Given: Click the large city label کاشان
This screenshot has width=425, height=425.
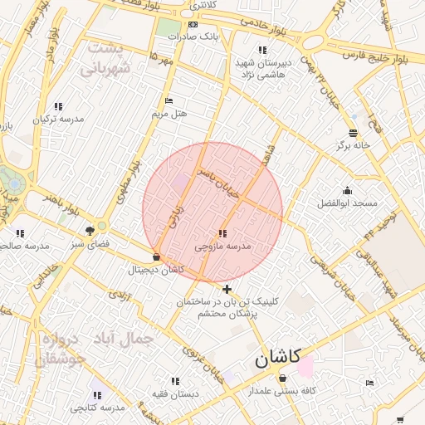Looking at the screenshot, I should pyautogui.click(x=274, y=360).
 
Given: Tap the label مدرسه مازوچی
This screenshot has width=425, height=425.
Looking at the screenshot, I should pyautogui.click(x=222, y=247).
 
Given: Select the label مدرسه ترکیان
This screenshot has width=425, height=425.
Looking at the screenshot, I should pyautogui.click(x=58, y=120).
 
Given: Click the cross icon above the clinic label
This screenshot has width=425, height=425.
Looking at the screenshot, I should pyautogui.click(x=227, y=289).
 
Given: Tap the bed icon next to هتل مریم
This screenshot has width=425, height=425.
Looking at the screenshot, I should pyautogui.click(x=169, y=101).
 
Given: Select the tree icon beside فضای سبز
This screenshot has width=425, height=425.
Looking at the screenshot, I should pyautogui.click(x=90, y=232).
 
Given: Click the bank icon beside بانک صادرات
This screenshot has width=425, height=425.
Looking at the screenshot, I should pyautogui.click(x=193, y=24).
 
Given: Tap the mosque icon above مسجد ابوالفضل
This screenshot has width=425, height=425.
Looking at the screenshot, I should pyautogui.click(x=347, y=191).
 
